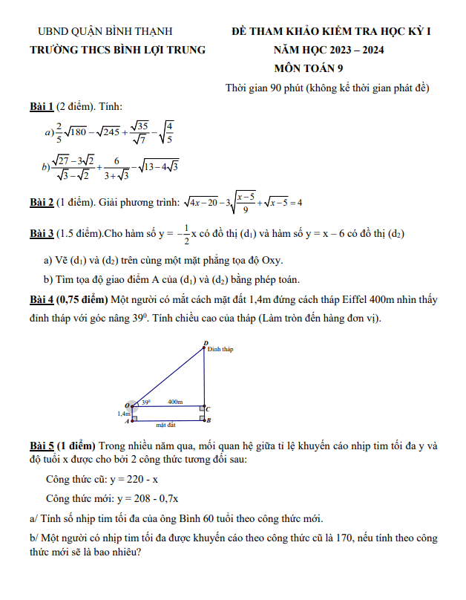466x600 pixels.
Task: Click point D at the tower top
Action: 205,344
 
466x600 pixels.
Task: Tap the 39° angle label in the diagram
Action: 146,402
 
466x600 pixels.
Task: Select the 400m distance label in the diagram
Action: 175,402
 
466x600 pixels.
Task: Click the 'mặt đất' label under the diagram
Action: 165,425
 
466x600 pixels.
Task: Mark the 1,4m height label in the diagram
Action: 124,413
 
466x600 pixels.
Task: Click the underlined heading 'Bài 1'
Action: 42,107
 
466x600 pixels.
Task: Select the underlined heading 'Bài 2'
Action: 42,202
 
